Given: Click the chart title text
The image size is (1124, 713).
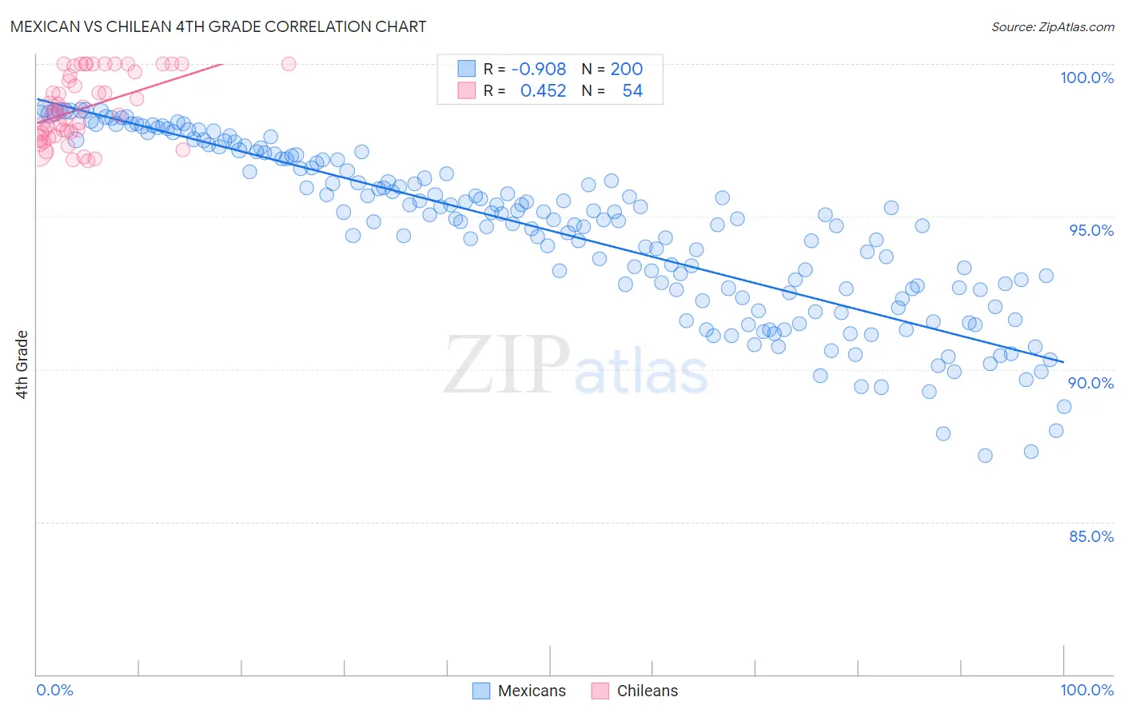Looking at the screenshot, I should pyautogui.click(x=218, y=26).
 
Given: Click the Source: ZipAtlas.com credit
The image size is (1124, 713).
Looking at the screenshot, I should pyautogui.click(x=1052, y=27).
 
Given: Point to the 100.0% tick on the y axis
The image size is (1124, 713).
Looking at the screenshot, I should pyautogui.click(x=1086, y=78).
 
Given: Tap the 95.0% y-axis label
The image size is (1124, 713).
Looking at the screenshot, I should pyautogui.click(x=1091, y=230).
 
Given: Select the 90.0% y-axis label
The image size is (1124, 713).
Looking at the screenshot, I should pyautogui.click(x=1090, y=383).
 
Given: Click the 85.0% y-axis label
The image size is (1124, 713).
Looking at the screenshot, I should pyautogui.click(x=1091, y=536).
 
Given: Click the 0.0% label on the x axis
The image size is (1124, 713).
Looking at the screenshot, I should pyautogui.click(x=54, y=690).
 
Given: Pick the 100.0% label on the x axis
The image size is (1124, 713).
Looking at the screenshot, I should pyautogui.click(x=1086, y=690).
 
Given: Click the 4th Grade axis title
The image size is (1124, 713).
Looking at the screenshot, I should pyautogui.click(x=22, y=364).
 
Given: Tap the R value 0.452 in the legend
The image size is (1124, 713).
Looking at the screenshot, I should pyautogui.click(x=543, y=91).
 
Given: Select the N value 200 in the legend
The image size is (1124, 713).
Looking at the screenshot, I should pyautogui.click(x=626, y=70).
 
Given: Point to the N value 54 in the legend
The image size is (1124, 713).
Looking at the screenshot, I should pyautogui.click(x=632, y=91).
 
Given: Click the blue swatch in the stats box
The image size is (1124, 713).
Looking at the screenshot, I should pyautogui.click(x=466, y=69).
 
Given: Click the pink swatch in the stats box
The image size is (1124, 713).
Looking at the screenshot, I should pyautogui.click(x=466, y=90).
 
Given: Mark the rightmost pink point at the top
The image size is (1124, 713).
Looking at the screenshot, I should pyautogui.click(x=289, y=64).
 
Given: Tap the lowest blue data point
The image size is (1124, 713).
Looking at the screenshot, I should pyautogui.click(x=985, y=456).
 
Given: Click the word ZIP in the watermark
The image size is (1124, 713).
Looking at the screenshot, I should pyautogui.click(x=506, y=365).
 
